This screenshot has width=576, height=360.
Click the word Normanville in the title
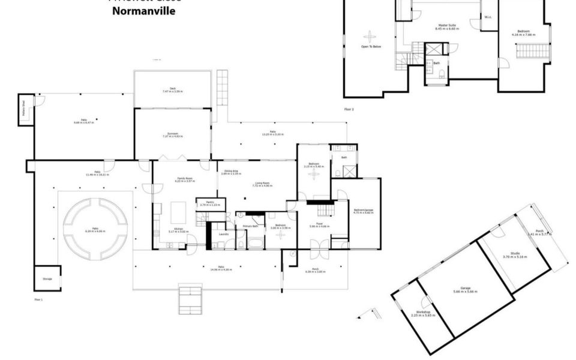click(144, 11)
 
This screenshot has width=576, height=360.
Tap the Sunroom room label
click(172, 134)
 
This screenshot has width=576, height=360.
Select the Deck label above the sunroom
click(172, 89)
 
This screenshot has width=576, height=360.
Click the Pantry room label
click(206, 202)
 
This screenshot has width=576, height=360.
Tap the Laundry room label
click(223, 233)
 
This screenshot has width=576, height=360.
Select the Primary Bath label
click(250, 226)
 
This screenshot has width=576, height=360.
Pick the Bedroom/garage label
click(364, 210)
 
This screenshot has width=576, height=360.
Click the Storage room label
click(47, 279)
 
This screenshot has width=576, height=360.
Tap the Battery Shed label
click(23, 112)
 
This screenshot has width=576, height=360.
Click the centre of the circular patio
click(95, 221)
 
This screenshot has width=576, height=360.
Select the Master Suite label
click(446, 26)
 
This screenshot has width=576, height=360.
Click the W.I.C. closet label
click(488, 17)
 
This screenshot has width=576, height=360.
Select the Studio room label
click(514, 254)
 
